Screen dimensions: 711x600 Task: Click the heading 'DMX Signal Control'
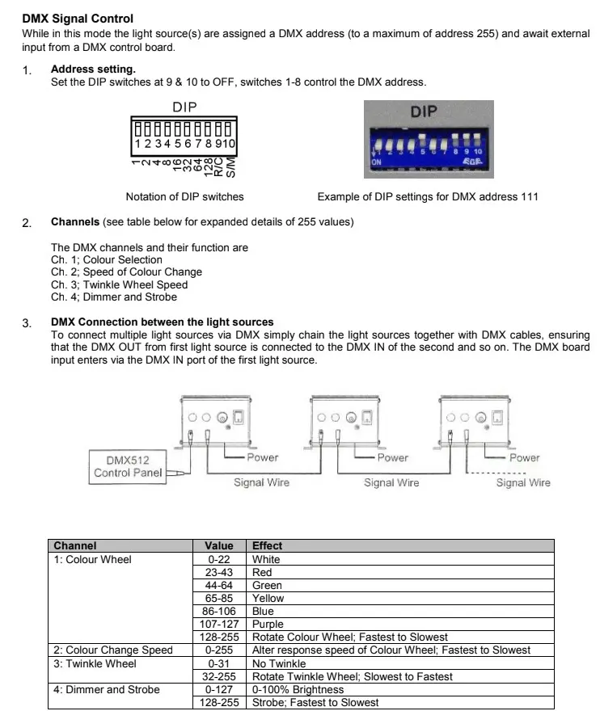pos(78,19)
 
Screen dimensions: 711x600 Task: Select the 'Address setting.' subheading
pos(93,69)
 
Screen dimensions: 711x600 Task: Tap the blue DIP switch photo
pos(426,135)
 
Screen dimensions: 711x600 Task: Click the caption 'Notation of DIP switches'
pos(184,196)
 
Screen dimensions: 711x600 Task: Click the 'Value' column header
pos(219,546)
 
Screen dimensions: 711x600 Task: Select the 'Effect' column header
pos(268,546)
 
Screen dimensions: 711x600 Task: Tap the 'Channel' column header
pos(75,546)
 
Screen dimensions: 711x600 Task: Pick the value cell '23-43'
pos(219,572)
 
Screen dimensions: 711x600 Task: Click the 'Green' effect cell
pos(268,585)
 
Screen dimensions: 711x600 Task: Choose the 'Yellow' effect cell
pos(268,598)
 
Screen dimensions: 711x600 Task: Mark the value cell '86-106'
pos(219,611)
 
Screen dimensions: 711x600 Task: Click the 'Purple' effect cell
pos(268,624)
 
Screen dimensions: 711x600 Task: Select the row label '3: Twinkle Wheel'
pos(95,663)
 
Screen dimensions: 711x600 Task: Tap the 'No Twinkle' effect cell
pos(279,663)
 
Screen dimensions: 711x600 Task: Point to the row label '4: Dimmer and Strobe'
pos(106,689)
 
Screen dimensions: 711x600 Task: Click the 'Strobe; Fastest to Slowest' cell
pos(314,702)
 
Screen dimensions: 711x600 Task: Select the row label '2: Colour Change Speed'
pos(112,650)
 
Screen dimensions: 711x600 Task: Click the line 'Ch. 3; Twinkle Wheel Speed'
pos(119,284)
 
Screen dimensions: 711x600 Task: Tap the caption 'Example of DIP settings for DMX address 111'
pos(427,196)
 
